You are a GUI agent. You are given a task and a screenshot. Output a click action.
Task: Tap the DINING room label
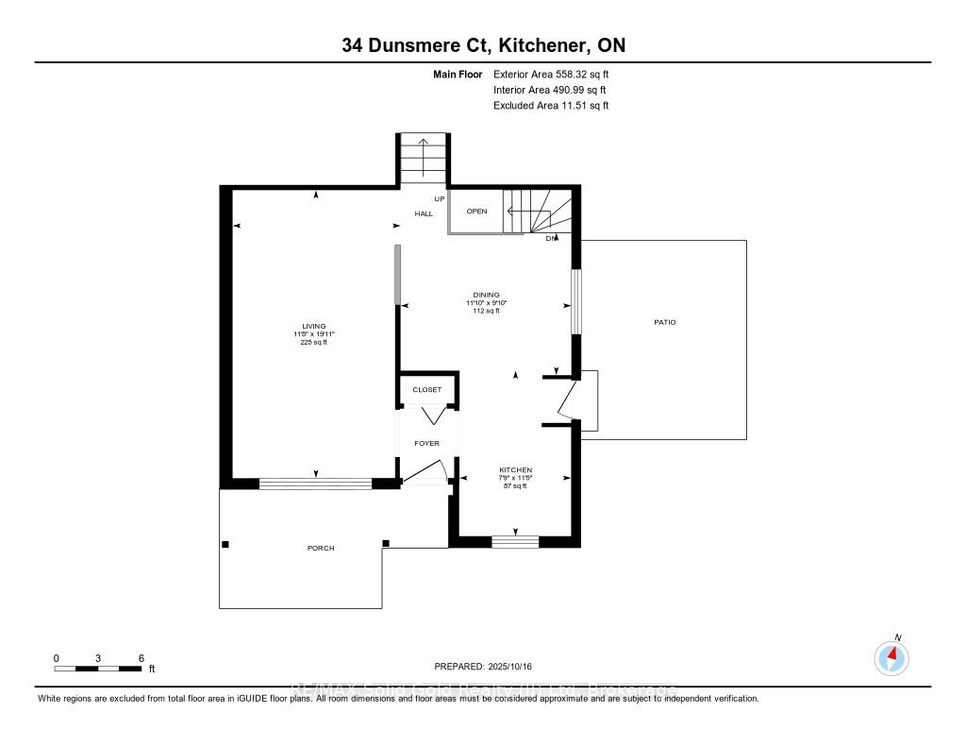coord(487,295)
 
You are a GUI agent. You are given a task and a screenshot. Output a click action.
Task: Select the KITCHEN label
coord(515,470)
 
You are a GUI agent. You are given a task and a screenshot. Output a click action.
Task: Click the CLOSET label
coord(426,389)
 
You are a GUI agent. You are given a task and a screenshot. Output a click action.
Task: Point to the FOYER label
coord(426,443)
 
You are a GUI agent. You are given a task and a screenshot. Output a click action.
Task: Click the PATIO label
coord(664,323)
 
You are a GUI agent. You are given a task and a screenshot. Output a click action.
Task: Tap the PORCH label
coord(321,548)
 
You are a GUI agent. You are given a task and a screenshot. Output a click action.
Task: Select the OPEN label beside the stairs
coord(476,212)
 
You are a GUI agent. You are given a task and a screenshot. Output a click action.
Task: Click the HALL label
coord(424,214)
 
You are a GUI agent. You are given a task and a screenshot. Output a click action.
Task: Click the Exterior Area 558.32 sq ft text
coord(552,74)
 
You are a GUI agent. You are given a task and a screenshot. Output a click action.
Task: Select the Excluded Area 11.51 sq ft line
coord(550,106)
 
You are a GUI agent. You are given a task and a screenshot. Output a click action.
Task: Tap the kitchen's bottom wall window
coord(515,541)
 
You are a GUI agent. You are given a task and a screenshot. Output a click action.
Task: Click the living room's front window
coord(315,484)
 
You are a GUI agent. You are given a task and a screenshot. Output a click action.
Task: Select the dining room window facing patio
coord(575,302)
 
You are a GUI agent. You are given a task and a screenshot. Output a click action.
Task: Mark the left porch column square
coord(225,544)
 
